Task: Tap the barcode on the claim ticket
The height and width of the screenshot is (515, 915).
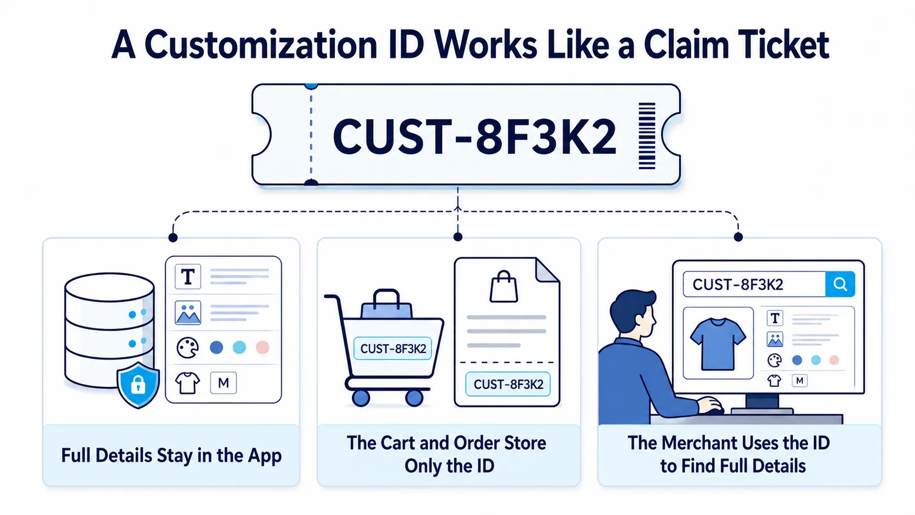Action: point(647,136)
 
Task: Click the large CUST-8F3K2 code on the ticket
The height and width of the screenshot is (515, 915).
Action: point(474,136)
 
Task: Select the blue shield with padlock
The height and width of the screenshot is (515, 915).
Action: point(138,385)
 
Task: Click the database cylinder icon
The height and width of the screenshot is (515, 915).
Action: point(109,330)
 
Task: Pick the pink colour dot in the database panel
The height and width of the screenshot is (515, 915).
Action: point(262,348)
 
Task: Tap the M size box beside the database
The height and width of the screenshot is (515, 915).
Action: point(223,383)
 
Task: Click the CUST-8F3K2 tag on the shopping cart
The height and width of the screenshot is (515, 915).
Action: point(392,349)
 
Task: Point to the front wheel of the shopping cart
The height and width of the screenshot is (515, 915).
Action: point(414,397)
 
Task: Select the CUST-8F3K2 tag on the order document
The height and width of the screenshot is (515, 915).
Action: point(508,384)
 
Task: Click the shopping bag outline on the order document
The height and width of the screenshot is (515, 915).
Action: point(503,286)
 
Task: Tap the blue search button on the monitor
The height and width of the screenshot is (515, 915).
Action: point(840,284)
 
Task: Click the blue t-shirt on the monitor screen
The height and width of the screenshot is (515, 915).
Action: point(717,344)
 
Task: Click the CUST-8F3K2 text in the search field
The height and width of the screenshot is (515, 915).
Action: point(738,284)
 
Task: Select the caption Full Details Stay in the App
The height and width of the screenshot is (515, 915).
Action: point(171,455)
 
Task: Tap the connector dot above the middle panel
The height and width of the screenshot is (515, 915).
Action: point(458,237)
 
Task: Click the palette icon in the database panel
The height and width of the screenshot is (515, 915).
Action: point(188,348)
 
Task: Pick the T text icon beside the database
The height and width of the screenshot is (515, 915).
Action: point(188,276)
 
